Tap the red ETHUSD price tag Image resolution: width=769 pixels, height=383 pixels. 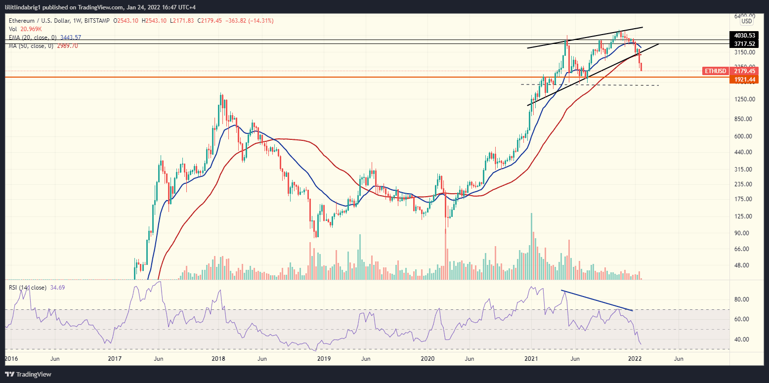(716, 71)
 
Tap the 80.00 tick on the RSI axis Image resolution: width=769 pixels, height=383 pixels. (743, 299)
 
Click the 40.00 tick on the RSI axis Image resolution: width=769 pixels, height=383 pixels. (743, 340)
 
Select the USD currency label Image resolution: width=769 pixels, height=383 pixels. (746, 21)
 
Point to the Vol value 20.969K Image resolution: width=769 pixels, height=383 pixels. (31, 29)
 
